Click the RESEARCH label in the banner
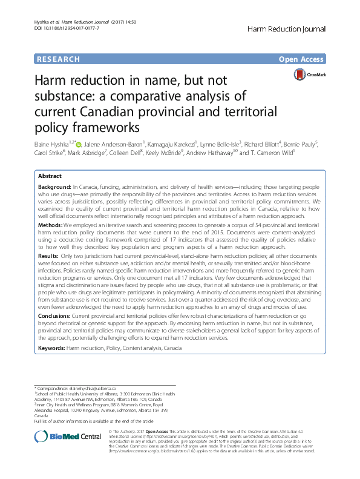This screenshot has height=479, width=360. click(x=57, y=59)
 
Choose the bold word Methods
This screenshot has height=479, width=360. click(x=51, y=224)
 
